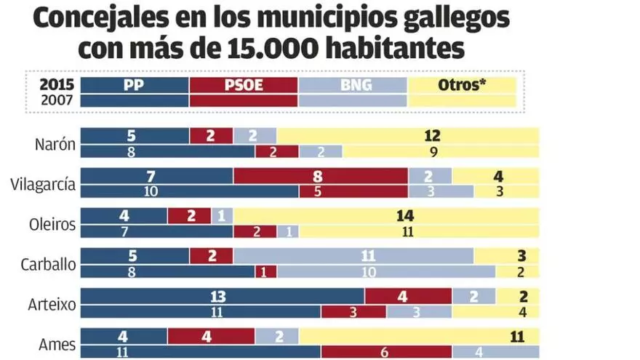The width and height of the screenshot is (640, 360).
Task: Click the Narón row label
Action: (x=55, y=143)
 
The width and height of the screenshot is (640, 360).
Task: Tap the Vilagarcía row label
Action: (x=43, y=184)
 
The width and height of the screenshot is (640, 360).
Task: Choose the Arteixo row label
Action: (x=52, y=305)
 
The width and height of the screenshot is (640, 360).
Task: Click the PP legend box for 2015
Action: (x=134, y=85)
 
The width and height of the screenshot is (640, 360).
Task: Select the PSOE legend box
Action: (x=243, y=85)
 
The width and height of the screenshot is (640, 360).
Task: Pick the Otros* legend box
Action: (x=462, y=85)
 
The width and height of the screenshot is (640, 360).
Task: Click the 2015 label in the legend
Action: (x=57, y=85)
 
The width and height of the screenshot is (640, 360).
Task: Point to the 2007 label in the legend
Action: (x=57, y=100)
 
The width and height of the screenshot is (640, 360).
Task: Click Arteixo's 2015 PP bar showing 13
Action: (x=222, y=296)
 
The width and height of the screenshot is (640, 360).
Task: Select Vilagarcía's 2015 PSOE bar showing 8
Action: (x=320, y=175)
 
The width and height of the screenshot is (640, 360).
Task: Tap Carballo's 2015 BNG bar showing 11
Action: (x=353, y=256)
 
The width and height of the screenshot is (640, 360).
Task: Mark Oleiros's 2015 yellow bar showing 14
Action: (x=385, y=216)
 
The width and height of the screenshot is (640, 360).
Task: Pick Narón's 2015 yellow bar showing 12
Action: (x=407, y=135)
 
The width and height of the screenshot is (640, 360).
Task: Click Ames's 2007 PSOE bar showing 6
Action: (x=385, y=352)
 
